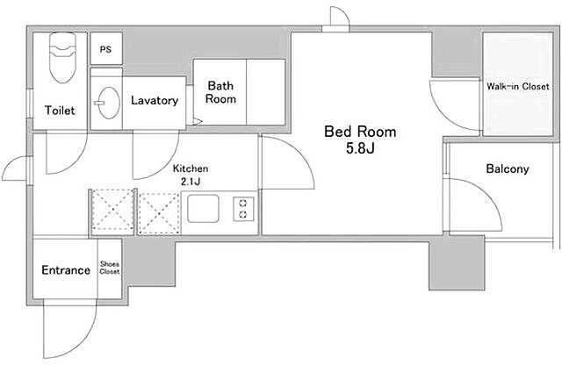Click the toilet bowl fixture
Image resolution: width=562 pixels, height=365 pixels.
point(62,57)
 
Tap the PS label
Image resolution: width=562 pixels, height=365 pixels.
point(105,49)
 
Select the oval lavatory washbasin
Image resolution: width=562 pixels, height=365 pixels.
point(109,103)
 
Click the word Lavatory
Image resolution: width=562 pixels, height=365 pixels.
point(155,100)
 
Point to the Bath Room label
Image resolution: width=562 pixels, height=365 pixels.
point(220,92)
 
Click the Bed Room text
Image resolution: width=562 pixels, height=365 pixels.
point(360,132)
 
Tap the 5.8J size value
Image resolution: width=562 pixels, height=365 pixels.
point(360,148)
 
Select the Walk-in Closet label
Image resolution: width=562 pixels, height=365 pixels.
point(517,86)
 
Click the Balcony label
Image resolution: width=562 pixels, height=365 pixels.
point(508,168)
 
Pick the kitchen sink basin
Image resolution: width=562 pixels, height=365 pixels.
point(203,209)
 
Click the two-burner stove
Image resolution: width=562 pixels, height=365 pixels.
point(243,209)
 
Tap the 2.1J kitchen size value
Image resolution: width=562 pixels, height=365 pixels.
point(191,182)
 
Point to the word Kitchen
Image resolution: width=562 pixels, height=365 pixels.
point(191,168)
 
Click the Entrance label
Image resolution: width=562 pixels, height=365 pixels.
point(66,269)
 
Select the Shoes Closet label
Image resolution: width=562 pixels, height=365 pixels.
point(109,268)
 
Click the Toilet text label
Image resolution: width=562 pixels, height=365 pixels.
point(60,110)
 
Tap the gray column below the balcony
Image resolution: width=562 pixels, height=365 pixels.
point(457,262)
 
